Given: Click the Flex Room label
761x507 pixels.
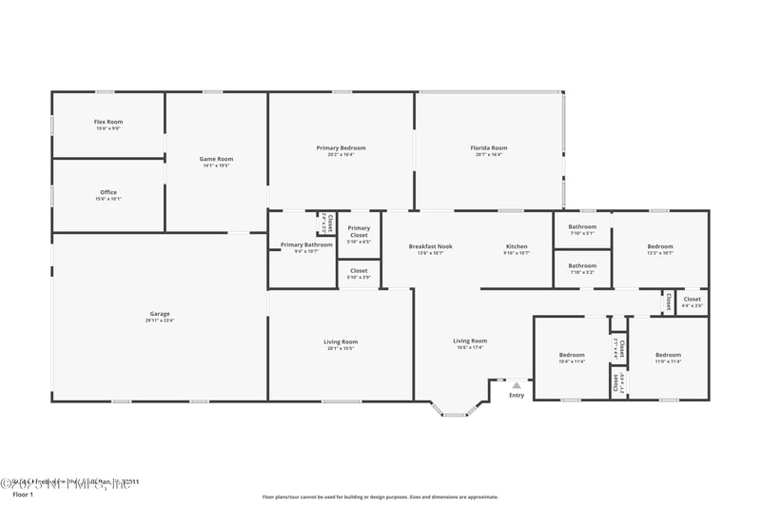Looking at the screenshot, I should tap(107, 122).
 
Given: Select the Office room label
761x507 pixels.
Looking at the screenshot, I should tap(107, 192).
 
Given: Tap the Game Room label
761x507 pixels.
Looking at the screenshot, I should tap(216, 159).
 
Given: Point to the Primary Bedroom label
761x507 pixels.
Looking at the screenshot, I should tap(341, 147).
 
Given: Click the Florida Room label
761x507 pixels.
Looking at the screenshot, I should tap(489, 147).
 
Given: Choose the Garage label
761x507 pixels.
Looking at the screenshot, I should tap(159, 313).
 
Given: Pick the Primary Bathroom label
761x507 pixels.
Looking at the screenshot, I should tap(306, 244).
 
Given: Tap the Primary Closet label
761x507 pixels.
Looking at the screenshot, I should tap(359, 231).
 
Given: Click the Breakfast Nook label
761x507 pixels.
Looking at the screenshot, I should tap(430, 246).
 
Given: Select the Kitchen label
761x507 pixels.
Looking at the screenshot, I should tap(516, 246).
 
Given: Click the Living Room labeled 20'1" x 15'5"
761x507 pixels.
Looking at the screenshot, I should tap(341, 341).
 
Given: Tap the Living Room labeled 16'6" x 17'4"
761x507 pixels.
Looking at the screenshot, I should tap(469, 341).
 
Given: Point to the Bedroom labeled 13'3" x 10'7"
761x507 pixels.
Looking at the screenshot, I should tap(659, 246).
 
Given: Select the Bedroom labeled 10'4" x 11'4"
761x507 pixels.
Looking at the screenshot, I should tap(572, 355).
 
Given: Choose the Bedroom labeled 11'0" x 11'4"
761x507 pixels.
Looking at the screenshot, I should tap(668, 355).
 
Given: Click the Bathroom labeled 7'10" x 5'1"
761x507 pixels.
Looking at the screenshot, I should tap(582, 226).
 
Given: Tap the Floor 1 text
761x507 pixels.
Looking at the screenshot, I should tap(23, 495).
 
